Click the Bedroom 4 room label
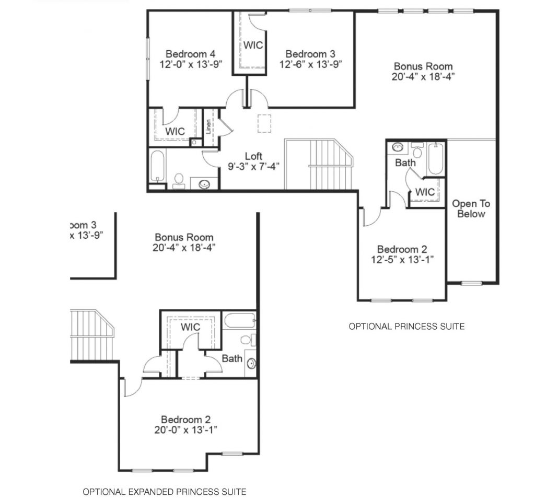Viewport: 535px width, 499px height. [x=190, y=54]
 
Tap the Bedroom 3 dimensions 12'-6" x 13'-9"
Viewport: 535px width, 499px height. [x=310, y=64]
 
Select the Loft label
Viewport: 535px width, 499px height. [x=253, y=156]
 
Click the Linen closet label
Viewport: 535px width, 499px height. [x=208, y=126]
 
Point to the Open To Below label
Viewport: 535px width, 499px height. [x=471, y=209]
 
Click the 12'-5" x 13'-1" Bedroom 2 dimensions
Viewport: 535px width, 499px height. [x=402, y=260]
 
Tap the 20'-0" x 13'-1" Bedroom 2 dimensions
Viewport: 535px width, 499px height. [x=185, y=430]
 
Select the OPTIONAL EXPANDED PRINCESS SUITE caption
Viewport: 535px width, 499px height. [x=165, y=492]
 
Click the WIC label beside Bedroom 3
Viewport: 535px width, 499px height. [x=253, y=45]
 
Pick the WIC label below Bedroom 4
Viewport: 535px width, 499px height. [x=175, y=131]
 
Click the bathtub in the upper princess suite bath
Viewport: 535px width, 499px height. [x=436, y=159]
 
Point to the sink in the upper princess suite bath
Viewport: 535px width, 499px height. [x=398, y=147]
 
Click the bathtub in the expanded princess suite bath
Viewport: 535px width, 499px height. [x=240, y=320]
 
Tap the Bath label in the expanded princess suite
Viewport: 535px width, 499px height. [x=232, y=358]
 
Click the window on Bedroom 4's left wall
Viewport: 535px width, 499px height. [x=148, y=59]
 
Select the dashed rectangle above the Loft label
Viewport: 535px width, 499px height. [x=264, y=123]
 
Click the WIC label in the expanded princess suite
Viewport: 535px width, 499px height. [x=190, y=327]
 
